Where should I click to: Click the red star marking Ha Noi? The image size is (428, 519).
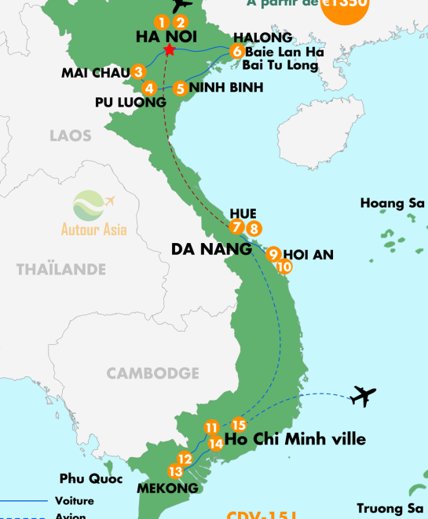[169, 51]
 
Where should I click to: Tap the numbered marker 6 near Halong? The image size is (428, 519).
[236, 52]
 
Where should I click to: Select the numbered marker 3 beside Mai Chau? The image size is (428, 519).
[138, 72]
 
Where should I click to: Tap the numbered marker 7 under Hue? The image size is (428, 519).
[237, 227]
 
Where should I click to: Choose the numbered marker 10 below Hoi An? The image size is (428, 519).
[284, 267]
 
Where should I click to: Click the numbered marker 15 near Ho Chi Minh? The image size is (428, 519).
[240, 425]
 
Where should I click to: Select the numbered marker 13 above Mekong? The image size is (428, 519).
[174, 471]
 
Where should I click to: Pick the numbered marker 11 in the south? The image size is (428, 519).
[210, 427]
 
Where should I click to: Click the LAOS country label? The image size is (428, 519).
[71, 136]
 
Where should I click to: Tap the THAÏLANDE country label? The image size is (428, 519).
[61, 269]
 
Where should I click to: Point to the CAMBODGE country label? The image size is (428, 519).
[153, 373]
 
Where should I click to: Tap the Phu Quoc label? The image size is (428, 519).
[87, 477]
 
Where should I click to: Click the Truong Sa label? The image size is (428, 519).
[391, 507]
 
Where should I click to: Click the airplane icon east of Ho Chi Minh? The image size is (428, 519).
[364, 395]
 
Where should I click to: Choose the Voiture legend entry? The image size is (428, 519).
[75, 500]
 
